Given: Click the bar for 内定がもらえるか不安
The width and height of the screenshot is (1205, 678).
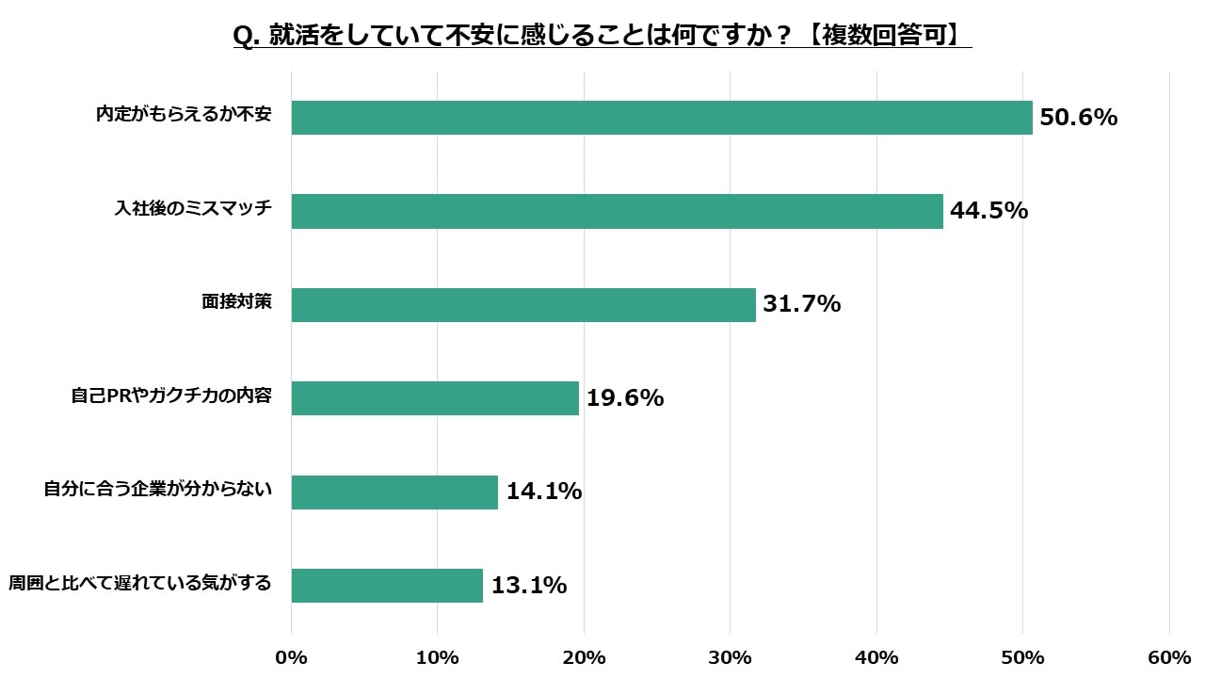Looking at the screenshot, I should [662, 118].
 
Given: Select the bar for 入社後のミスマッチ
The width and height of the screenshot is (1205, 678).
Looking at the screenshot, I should [617, 211].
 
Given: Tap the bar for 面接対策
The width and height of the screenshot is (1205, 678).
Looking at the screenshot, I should [523, 305].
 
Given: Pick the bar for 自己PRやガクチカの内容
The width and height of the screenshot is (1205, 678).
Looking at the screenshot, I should [435, 398].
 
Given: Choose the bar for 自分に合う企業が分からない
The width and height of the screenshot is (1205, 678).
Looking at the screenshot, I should [394, 492].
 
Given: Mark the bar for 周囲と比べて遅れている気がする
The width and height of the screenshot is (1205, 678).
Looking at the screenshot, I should [387, 585].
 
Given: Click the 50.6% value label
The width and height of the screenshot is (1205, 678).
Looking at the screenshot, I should [1078, 118].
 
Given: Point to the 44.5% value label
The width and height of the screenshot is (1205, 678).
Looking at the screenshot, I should [988, 211].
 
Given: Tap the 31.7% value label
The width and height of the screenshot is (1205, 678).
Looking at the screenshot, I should [801, 305].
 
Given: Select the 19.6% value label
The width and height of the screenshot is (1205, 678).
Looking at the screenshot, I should [625, 398].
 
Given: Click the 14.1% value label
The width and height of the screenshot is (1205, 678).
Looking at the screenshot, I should [543, 492].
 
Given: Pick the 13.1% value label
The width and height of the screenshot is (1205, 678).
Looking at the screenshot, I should [528, 585].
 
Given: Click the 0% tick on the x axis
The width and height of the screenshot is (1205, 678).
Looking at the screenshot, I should [291, 657].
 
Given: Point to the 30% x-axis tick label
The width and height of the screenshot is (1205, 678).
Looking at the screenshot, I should [731, 657].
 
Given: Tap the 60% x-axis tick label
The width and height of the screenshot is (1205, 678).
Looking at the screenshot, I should [1169, 657].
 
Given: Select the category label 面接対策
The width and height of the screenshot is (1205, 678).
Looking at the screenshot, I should [236, 302].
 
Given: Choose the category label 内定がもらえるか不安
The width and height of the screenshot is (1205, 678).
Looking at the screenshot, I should [184, 115].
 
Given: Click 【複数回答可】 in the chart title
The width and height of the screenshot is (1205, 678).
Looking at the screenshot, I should [887, 37].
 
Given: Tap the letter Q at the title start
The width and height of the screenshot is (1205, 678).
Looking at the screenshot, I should [243, 37].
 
